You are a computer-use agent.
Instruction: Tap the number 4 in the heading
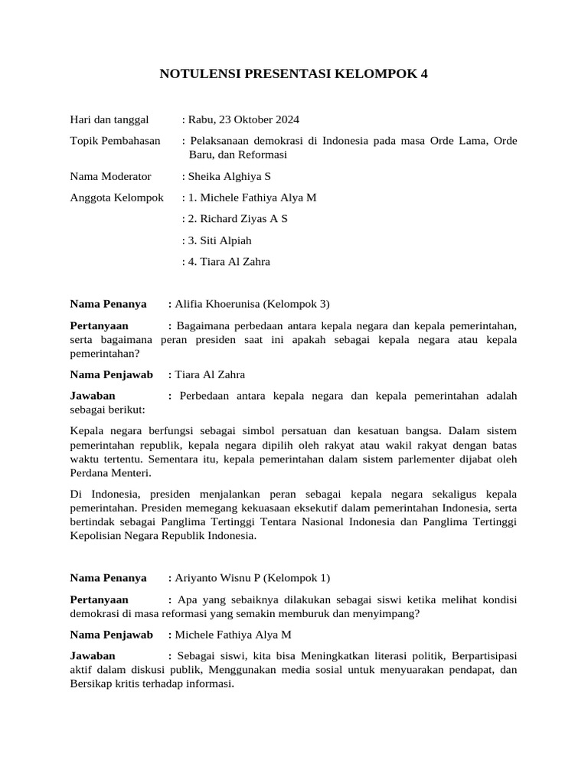(425, 74)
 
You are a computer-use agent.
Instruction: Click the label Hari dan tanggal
(109, 119)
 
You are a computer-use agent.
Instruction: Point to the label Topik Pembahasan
(116, 141)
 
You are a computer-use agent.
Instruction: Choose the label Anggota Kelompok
(117, 198)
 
